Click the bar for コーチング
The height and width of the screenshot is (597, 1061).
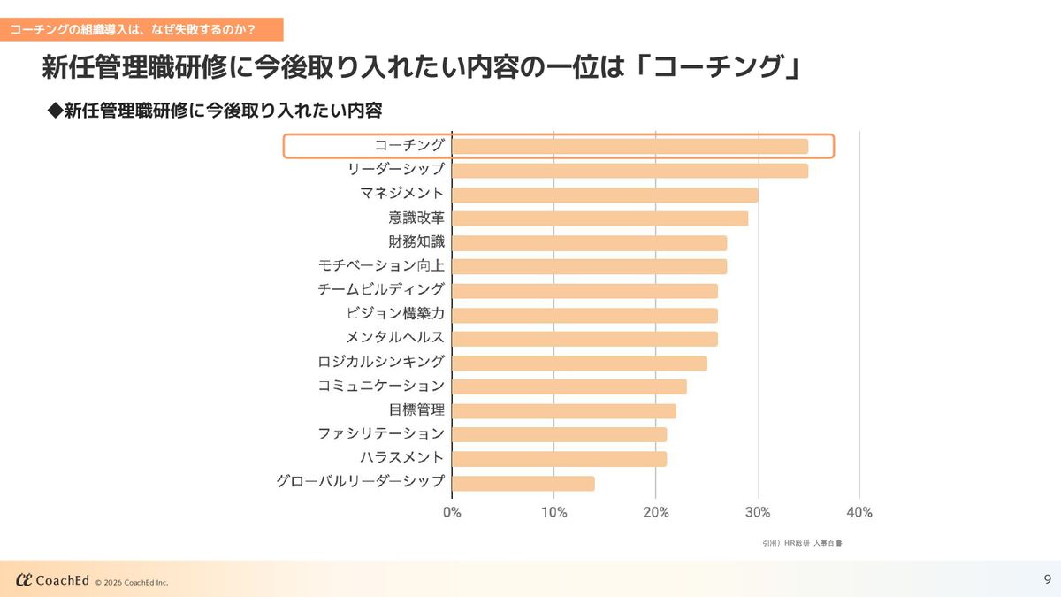(x=630, y=146)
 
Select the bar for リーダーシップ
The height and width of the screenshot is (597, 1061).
(x=630, y=171)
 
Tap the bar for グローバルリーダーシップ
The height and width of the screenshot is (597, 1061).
(x=523, y=484)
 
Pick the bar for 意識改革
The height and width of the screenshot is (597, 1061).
(x=599, y=218)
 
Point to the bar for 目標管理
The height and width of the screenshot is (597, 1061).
(x=564, y=411)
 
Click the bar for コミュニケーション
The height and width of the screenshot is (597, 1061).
(x=569, y=387)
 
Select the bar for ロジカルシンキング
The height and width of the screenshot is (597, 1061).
(x=579, y=363)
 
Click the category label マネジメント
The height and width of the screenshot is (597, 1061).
(x=402, y=194)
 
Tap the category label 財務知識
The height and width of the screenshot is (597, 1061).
(x=416, y=241)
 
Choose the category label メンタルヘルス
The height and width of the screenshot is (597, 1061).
(x=395, y=338)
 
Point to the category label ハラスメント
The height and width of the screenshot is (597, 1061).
(x=402, y=458)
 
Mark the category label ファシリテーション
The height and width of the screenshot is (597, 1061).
(x=381, y=434)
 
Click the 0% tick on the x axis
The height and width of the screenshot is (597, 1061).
(x=452, y=513)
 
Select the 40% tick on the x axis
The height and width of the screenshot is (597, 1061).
(x=859, y=513)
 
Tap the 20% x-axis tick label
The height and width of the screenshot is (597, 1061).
(x=655, y=513)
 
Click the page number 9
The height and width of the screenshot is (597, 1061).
(x=1047, y=579)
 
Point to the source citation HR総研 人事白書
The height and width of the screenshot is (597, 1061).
(x=802, y=543)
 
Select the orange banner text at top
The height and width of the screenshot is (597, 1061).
(x=134, y=29)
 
